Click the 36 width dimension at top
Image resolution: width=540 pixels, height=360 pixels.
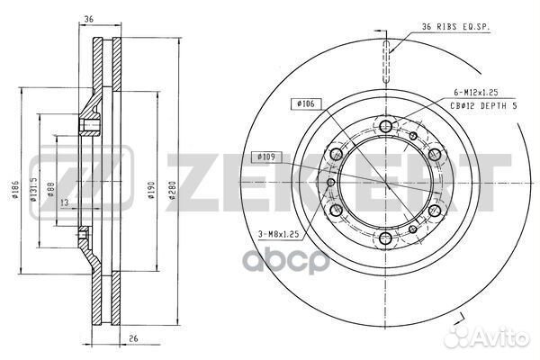89,19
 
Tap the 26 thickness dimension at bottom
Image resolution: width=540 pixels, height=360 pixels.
133,338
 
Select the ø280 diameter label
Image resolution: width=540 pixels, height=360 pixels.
172,191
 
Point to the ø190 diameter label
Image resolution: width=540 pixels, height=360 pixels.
151,191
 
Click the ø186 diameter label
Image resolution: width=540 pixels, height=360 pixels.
14,190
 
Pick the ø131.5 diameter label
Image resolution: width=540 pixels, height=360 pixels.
33,189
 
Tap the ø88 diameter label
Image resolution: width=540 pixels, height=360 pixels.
50,190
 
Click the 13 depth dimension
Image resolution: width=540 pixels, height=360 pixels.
65,202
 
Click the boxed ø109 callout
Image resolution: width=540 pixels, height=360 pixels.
266,157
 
